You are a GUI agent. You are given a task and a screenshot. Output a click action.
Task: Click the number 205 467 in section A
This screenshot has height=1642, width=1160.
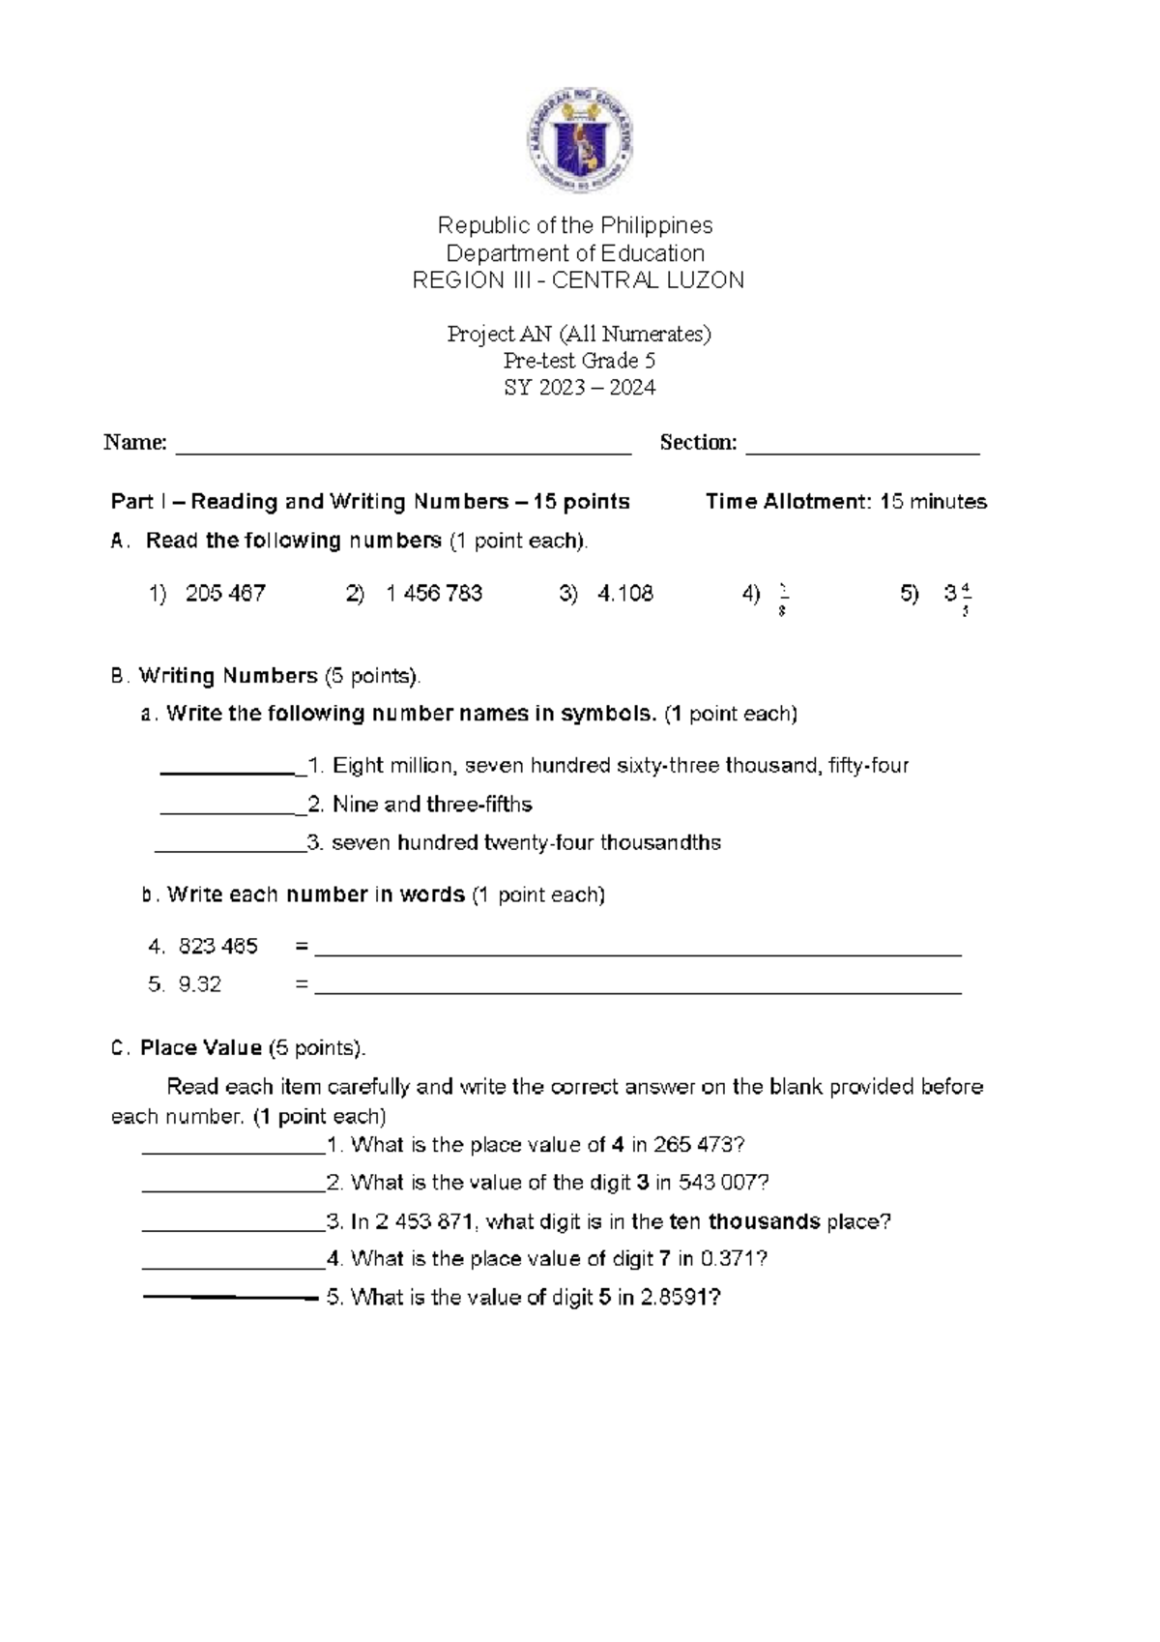[x=225, y=594]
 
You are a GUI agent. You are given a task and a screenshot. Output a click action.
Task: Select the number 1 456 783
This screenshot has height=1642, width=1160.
[x=434, y=594]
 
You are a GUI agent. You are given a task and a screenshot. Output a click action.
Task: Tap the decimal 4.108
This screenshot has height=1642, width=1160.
[x=625, y=594]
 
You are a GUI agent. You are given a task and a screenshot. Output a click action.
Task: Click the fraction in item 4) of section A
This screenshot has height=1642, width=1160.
[x=781, y=599]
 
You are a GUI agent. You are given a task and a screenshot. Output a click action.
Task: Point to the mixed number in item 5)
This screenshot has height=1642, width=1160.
[x=957, y=597]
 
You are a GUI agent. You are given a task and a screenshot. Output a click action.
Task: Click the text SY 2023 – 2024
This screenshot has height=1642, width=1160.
[x=579, y=388]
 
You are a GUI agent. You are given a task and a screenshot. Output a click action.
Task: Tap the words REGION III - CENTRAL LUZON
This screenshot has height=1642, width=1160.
[x=578, y=281]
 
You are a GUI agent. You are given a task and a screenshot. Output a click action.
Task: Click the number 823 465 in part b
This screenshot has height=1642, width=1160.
[x=218, y=947]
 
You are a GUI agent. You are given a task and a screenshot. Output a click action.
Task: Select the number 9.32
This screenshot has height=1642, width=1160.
[x=200, y=984]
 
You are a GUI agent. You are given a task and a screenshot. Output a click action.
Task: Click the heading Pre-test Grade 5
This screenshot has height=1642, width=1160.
[x=579, y=361]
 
